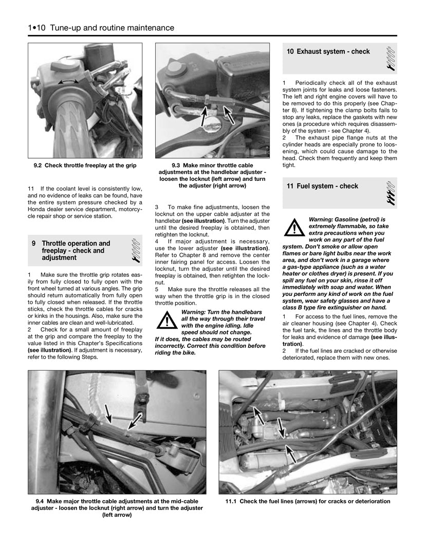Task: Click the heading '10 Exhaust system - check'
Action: [x=328, y=51]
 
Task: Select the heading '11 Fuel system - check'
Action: [x=322, y=186]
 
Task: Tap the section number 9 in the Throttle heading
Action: [x=33, y=243]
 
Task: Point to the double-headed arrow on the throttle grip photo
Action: [x=68, y=82]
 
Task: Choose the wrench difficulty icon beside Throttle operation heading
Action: [x=136, y=250]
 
